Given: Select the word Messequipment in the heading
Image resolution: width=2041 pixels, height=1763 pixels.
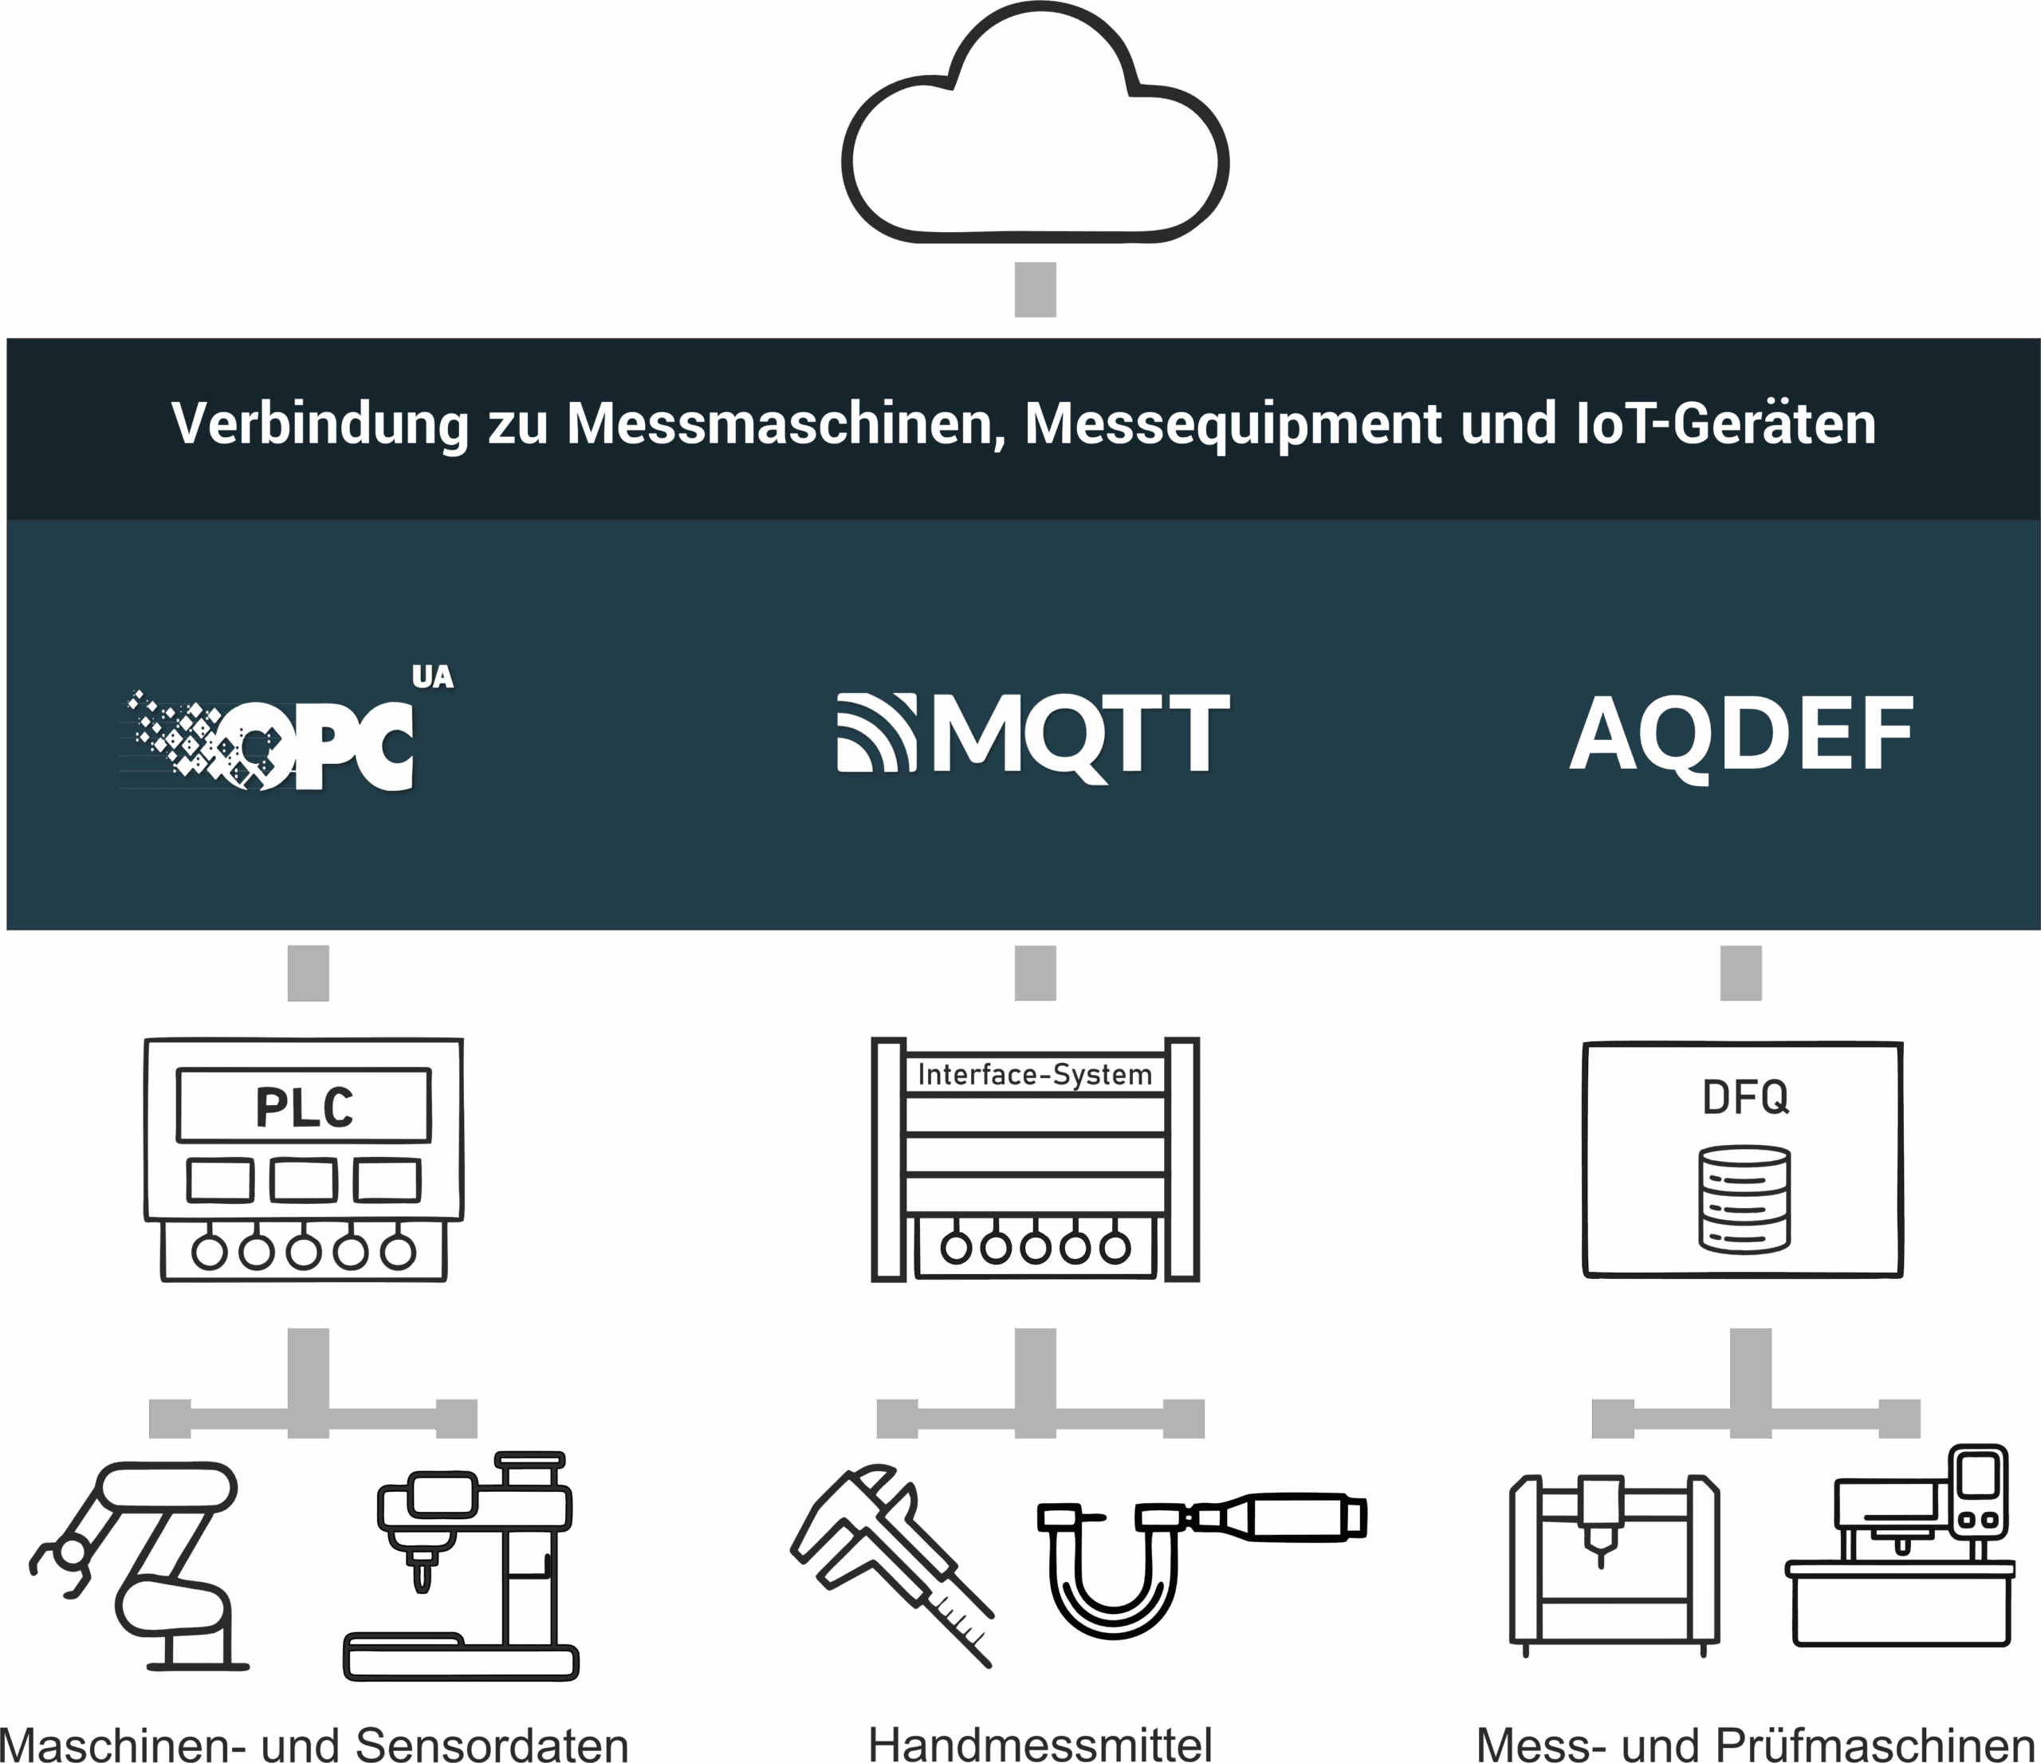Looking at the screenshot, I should point(1233,424).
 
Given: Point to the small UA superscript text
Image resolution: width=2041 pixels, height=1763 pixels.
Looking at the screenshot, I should point(432,677).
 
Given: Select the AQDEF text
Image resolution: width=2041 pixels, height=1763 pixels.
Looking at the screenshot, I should point(1740,734).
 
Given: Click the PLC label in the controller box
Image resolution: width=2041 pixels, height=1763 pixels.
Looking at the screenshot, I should point(305,1107).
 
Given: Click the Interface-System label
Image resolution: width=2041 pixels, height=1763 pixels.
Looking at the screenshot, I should point(1034,1075).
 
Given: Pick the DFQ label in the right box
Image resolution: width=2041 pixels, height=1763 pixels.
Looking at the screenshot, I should point(1745,1096).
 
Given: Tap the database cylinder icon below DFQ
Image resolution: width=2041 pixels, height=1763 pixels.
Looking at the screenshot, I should point(1745,1198).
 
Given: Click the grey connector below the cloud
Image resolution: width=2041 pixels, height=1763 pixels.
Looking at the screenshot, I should point(1034,289).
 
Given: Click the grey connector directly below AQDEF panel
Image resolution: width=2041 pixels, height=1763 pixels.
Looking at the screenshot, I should point(1740,973).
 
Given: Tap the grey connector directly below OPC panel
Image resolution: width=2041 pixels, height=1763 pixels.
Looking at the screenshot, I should point(309,973).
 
